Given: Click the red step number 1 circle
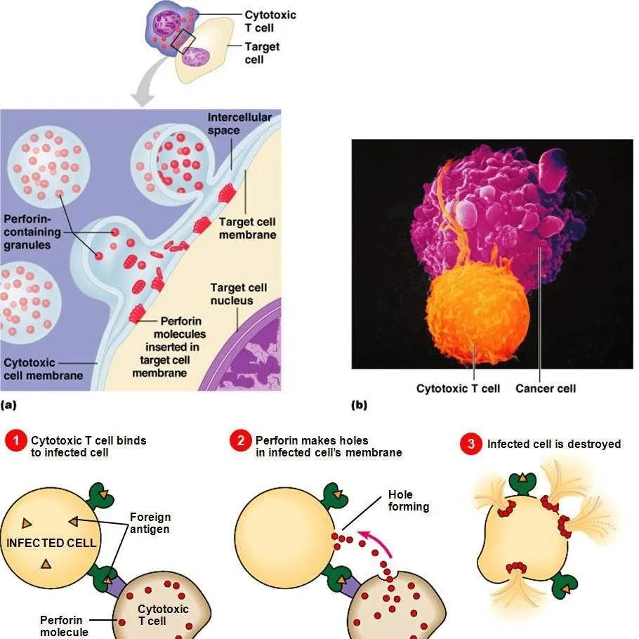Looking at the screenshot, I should click(x=15, y=442).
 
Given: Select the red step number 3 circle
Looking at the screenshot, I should click(x=471, y=444).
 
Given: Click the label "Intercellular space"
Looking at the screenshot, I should click(x=239, y=124).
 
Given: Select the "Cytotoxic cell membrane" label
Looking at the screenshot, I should click(x=43, y=369).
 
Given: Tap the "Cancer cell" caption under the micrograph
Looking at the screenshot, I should click(x=546, y=388).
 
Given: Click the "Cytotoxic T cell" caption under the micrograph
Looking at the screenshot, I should click(x=458, y=388).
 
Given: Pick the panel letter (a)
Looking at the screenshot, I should click(x=9, y=405).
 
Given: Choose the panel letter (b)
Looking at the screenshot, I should click(x=359, y=405).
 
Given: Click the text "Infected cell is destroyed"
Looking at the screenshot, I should click(x=554, y=444).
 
